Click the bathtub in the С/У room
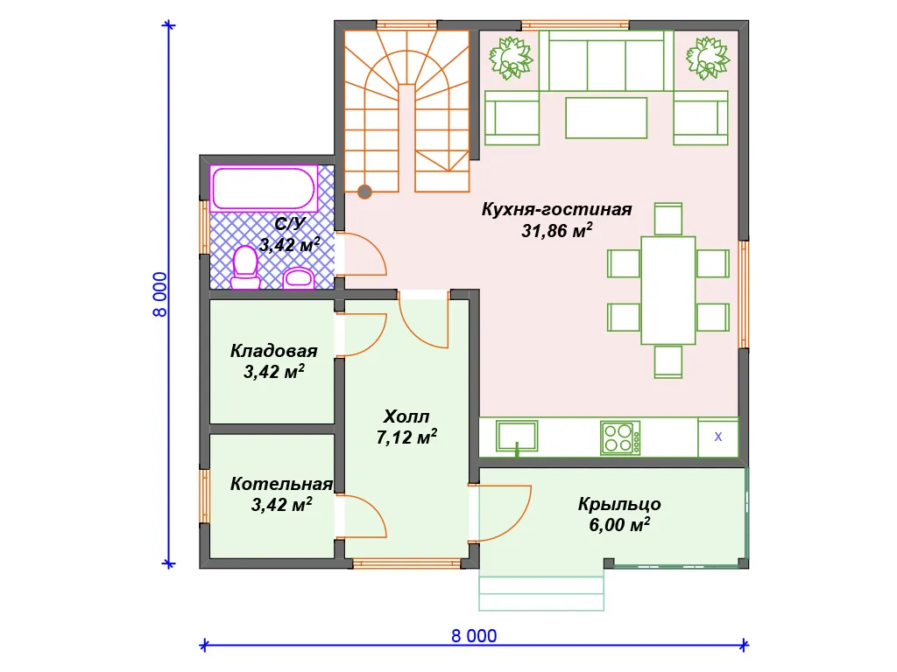coord(264,188)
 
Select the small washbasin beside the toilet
coord(298,277)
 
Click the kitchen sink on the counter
coord(517,437)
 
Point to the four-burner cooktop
coord(620,437)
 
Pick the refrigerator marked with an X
coord(718,437)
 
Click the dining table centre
coord(668,290)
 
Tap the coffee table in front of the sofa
coord(606,118)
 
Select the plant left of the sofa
coord(511,58)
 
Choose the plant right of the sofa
coord(708,58)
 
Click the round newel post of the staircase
coord(364,192)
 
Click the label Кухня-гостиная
coord(556,209)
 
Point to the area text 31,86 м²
coord(556,230)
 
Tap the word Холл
coord(406,416)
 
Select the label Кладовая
coord(273,351)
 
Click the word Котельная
coord(281,484)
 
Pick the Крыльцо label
coord(619,504)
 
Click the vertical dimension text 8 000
coord(160,294)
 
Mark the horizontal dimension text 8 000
coord(474,636)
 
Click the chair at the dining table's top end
coord(668,219)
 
